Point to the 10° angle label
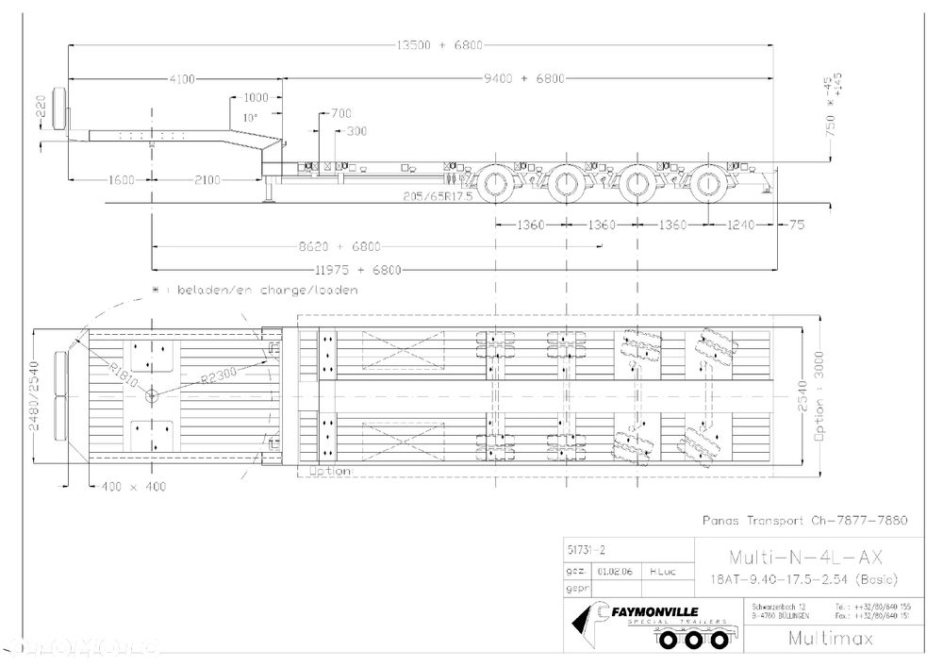[x=250, y=118]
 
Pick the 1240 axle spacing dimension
[x=745, y=225]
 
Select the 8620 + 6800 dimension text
[x=339, y=247]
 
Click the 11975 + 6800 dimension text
[x=357, y=271]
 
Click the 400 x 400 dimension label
[x=128, y=486]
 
